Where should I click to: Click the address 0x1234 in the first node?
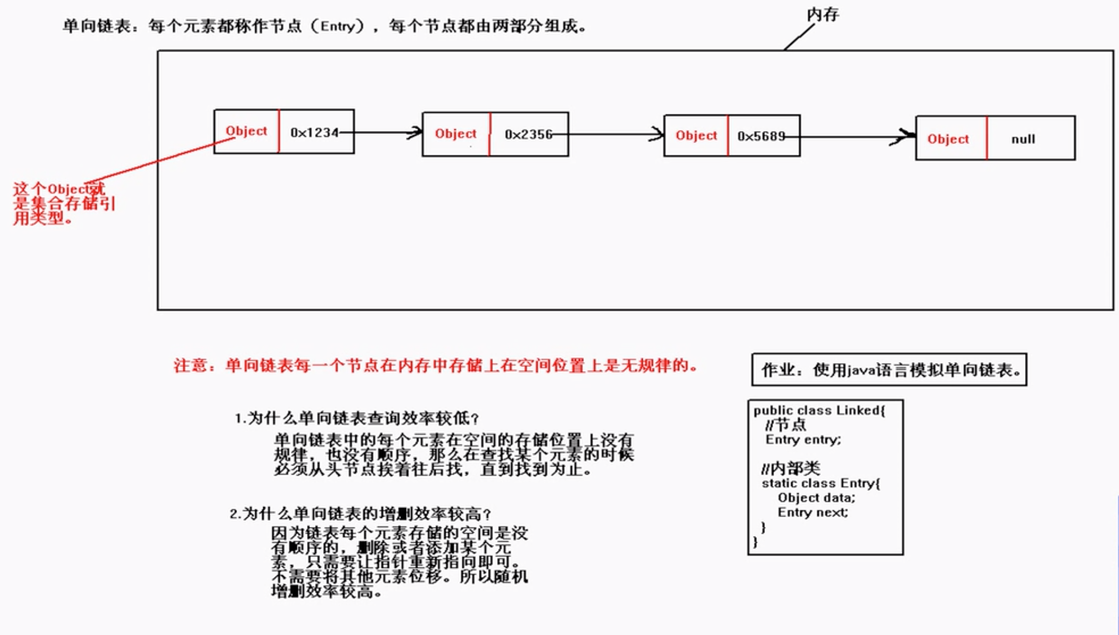pos(314,132)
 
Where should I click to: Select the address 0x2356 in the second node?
pos(528,134)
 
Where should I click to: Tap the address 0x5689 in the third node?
pos(761,136)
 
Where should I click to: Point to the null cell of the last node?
pos(1023,139)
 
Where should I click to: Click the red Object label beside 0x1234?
pos(246,131)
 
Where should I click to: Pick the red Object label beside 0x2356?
pos(456,133)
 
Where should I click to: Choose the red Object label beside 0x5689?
pos(696,135)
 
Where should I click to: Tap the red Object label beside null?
pos(948,139)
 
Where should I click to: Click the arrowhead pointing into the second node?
pos(416,132)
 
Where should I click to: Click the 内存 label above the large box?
pos(823,15)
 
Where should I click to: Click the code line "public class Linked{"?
pos(819,410)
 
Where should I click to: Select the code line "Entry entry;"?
pos(803,439)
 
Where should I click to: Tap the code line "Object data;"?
pos(816,497)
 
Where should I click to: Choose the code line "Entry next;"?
pos(813,512)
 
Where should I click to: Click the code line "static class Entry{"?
pos(821,483)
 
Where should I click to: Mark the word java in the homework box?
pos(861,370)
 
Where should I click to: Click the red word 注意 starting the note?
pos(191,365)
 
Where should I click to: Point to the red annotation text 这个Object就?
pos(59,189)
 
